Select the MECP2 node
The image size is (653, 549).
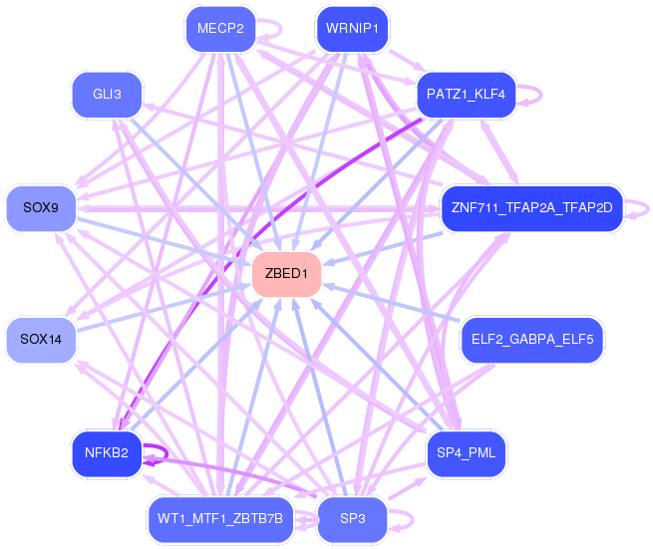pos(220,29)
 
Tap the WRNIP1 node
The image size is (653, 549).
pos(351,29)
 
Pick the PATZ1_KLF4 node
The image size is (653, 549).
pos(466,95)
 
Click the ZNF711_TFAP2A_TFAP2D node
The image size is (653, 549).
pos(530,208)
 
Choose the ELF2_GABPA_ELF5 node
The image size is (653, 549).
pos(531,340)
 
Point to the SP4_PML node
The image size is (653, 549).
pos(467,453)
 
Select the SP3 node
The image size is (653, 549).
pos(352,520)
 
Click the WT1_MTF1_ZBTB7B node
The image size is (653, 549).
pos(220,519)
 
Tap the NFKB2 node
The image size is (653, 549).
pos(107,453)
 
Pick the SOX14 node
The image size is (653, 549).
pos(41,340)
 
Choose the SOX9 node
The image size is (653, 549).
pos(41,208)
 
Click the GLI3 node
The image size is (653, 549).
pos(107,95)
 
